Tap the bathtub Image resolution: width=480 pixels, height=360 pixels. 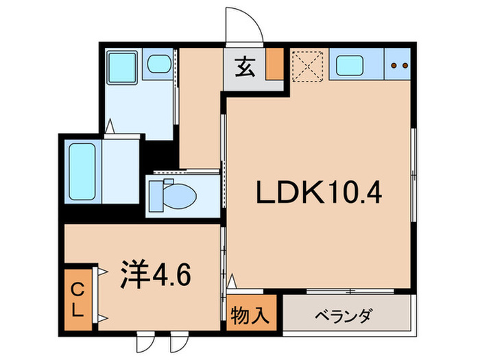pos(82,171)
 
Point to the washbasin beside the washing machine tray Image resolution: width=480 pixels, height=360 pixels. pos(159,64)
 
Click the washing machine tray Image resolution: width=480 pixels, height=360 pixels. pos(123,67)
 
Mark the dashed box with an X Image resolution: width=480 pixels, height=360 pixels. pos(307,67)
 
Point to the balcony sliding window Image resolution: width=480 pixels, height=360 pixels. pos(350,291)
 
